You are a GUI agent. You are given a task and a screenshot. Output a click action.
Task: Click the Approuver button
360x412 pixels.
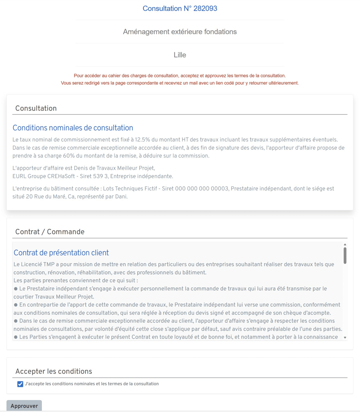[x=24, y=406]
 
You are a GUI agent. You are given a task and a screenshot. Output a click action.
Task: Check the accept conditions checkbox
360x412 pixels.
[x=20, y=384]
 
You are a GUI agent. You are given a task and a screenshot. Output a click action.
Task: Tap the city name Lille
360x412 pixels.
[x=180, y=55]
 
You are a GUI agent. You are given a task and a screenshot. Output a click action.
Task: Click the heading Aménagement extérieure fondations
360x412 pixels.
[x=180, y=32]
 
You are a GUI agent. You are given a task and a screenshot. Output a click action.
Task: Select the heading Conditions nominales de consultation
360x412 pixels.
[x=73, y=128]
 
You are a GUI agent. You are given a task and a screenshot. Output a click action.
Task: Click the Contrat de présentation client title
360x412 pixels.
[x=61, y=253]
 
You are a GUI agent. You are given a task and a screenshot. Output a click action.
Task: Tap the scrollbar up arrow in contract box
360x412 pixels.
[x=345, y=245]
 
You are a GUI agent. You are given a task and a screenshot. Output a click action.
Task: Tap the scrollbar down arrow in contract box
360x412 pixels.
[x=345, y=338]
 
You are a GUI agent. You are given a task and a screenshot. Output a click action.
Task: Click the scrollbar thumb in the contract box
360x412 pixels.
[x=345, y=255]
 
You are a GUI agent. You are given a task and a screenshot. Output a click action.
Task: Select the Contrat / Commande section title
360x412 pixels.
[x=50, y=232]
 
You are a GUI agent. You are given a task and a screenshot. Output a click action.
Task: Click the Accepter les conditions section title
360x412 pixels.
[x=53, y=371]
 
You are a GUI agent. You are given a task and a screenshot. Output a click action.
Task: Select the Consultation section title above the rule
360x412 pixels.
[x=36, y=108]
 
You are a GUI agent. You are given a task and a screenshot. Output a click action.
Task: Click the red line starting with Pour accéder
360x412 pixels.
[x=180, y=76]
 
